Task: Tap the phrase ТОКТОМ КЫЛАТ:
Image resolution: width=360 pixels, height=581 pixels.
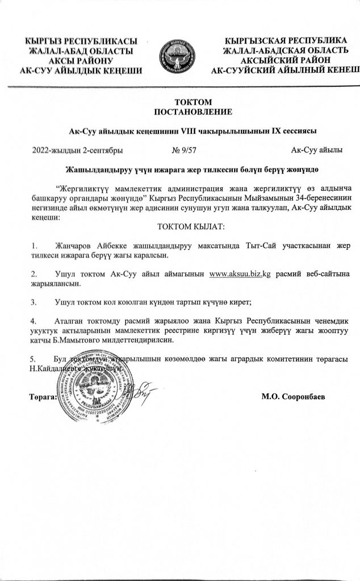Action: point(179,227)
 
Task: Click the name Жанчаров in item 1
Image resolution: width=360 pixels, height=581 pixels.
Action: point(76,245)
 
